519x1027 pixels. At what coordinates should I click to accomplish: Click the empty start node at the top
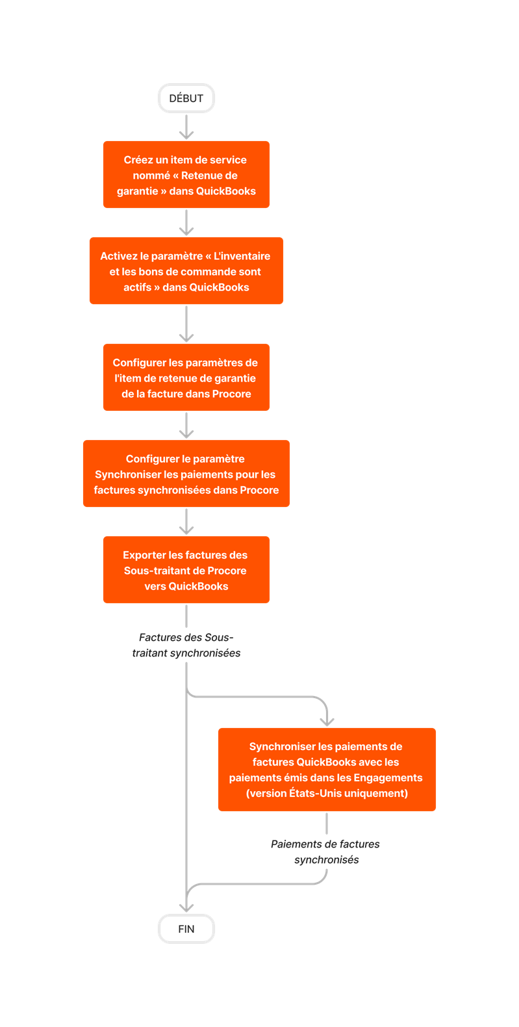(186, 98)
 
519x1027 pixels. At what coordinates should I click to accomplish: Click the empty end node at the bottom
(186, 928)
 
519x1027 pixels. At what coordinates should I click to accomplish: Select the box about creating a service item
(186, 175)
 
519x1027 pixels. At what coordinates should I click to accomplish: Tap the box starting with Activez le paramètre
(186, 271)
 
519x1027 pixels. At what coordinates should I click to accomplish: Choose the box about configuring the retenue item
(186, 378)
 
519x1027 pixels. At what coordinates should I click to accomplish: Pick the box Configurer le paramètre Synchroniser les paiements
(186, 474)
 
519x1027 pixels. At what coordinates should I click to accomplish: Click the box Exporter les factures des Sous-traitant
(186, 570)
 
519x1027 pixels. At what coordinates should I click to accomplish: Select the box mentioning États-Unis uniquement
(327, 770)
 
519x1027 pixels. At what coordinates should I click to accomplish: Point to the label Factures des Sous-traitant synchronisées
(186, 645)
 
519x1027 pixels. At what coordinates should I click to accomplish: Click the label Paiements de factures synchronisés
(326, 851)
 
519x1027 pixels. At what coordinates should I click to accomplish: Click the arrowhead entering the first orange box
(186, 135)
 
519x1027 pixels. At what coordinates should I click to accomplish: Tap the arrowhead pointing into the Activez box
(186, 231)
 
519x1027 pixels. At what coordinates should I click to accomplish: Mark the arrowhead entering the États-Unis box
(327, 721)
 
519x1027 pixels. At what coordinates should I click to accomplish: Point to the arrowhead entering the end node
(186, 907)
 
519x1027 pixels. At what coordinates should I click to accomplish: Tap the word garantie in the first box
(137, 191)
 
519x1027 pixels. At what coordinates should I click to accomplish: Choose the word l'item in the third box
(127, 378)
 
